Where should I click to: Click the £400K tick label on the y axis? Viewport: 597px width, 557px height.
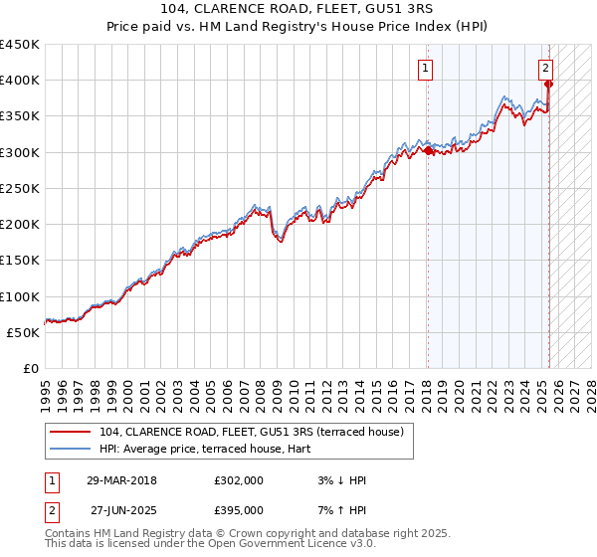coord(20,81)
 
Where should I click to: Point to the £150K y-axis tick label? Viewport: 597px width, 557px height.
coord(20,261)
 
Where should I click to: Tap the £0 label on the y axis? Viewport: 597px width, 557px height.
coord(30,369)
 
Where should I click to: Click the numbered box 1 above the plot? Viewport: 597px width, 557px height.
coord(426,69)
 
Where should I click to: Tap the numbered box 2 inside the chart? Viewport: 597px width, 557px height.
coord(546,69)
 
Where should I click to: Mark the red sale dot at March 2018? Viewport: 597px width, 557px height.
coord(428,151)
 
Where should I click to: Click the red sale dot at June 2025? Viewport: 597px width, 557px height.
coord(549,85)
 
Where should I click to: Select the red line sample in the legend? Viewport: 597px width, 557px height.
coord(70,432)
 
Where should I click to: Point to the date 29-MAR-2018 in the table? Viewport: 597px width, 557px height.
coord(121,480)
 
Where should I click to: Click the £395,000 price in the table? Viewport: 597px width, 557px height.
coord(239,509)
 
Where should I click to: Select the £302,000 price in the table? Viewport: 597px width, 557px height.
coord(239,480)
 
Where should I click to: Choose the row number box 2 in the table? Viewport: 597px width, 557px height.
coord(51,509)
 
